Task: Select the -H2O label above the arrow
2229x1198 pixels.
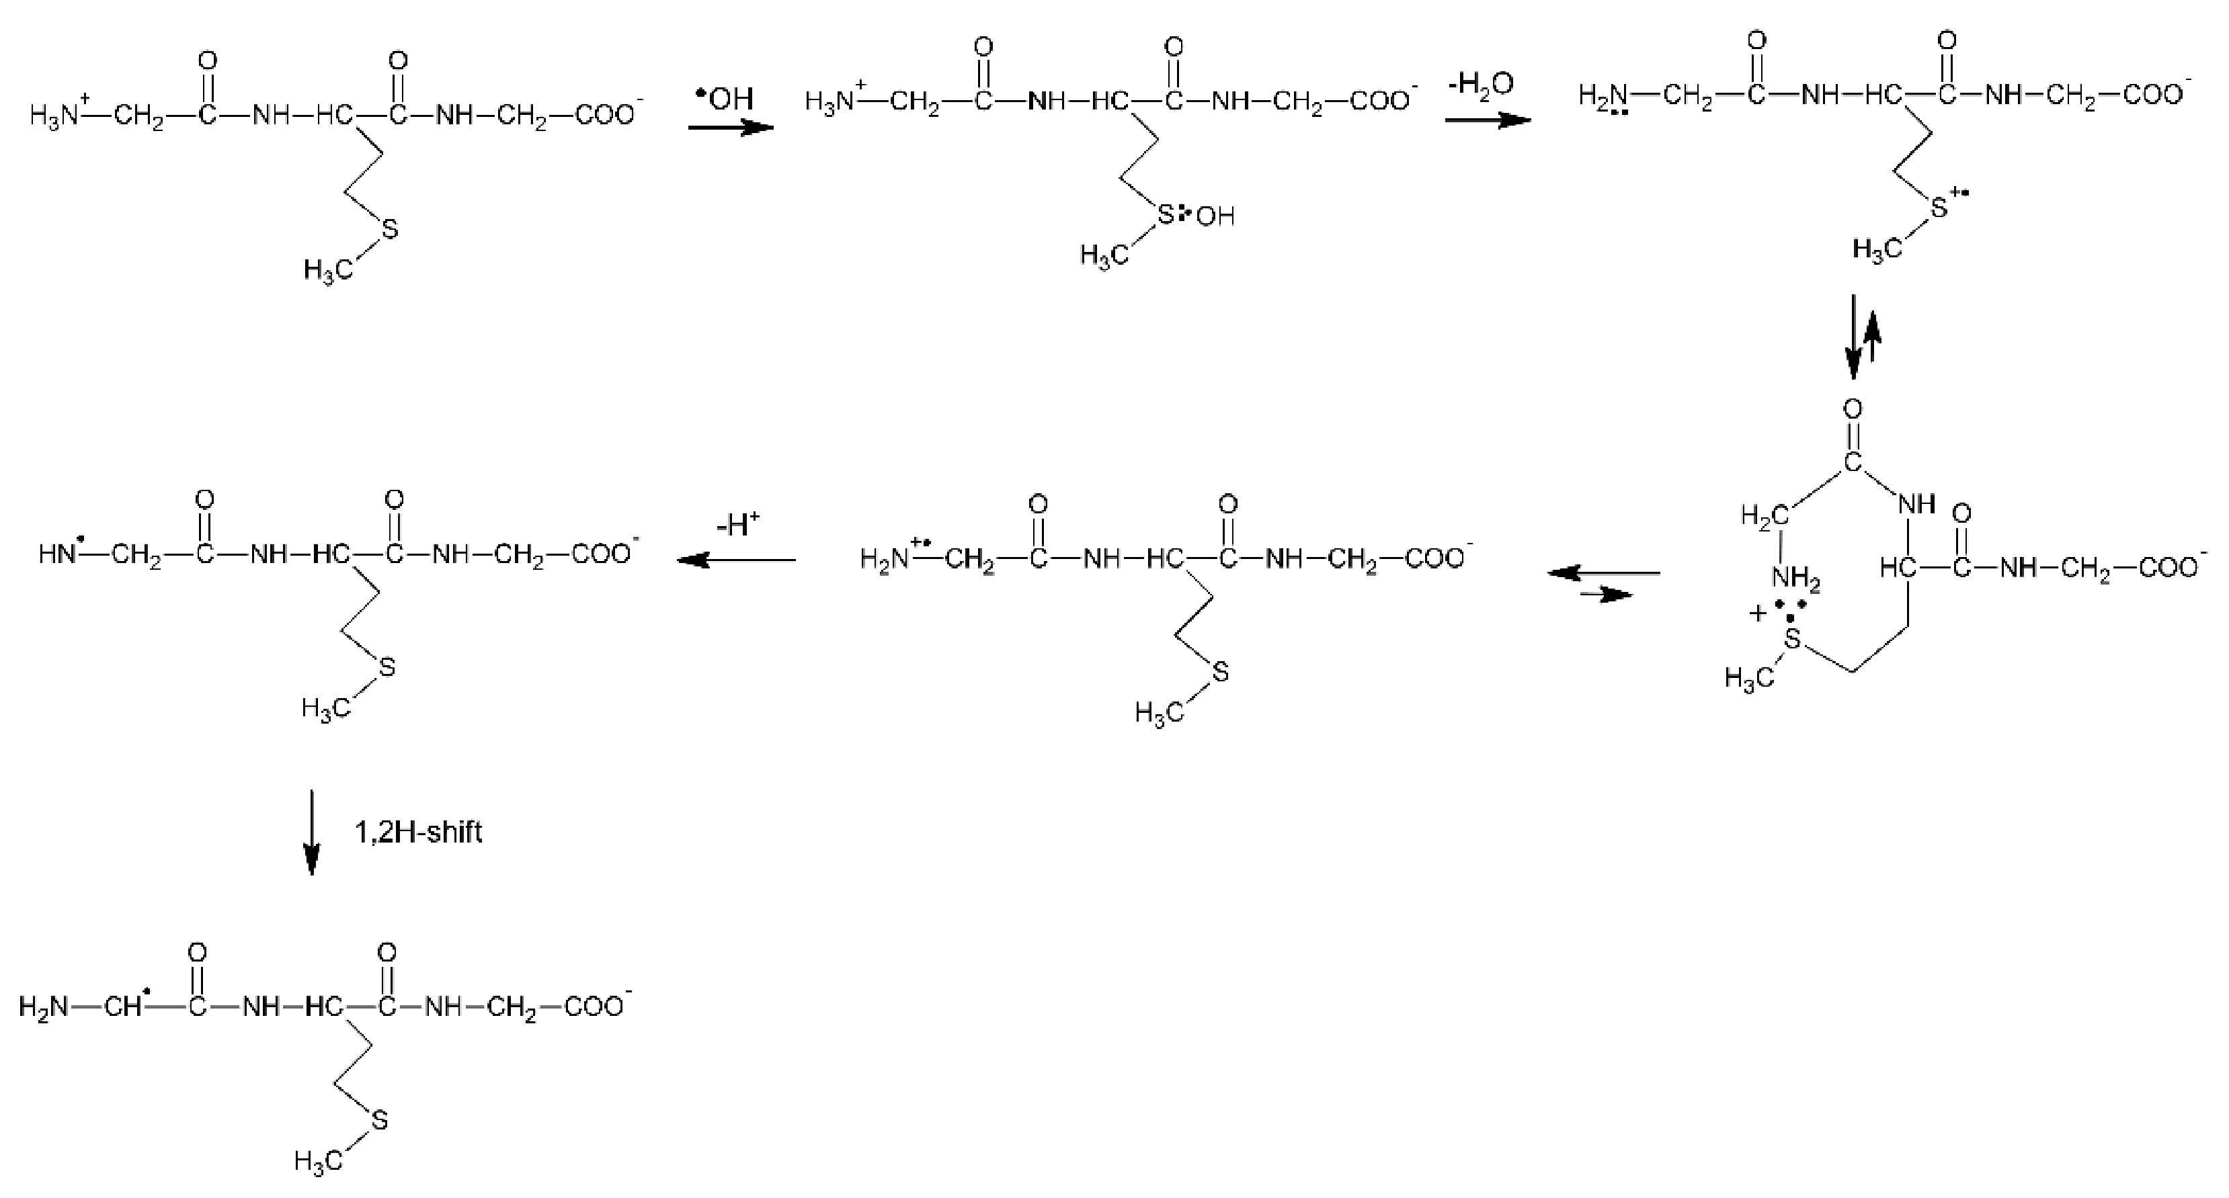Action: tap(1481, 84)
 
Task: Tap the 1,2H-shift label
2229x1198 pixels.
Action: tap(418, 832)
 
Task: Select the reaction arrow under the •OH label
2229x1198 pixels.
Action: tap(730, 129)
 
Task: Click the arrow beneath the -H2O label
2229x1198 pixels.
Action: tap(1488, 120)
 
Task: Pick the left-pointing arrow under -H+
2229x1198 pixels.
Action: tap(736, 560)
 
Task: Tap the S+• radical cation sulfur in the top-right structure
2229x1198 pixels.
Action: tap(1943, 205)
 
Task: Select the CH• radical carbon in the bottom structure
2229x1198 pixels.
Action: tap(126, 1007)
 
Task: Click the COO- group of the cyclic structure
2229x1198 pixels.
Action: tap(2166, 568)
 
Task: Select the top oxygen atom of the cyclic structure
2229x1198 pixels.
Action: tap(1853, 409)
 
